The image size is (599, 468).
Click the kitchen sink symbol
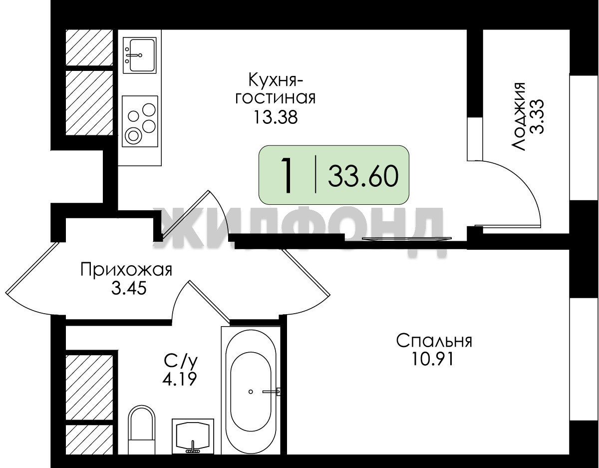139,55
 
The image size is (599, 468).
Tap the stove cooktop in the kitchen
140,121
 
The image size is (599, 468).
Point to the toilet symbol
142,433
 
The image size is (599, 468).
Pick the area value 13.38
276,117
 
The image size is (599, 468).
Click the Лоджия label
518,116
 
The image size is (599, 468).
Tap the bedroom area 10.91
432,359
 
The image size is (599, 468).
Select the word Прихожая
126,270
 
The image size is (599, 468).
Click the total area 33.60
363,176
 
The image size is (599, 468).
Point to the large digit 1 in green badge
287,175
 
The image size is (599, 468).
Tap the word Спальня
434,341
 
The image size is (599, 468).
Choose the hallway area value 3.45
128,288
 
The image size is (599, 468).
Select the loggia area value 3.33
537,116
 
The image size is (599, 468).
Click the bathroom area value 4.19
180,379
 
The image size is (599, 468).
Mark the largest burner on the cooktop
133,136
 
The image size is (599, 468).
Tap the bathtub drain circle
251,392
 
